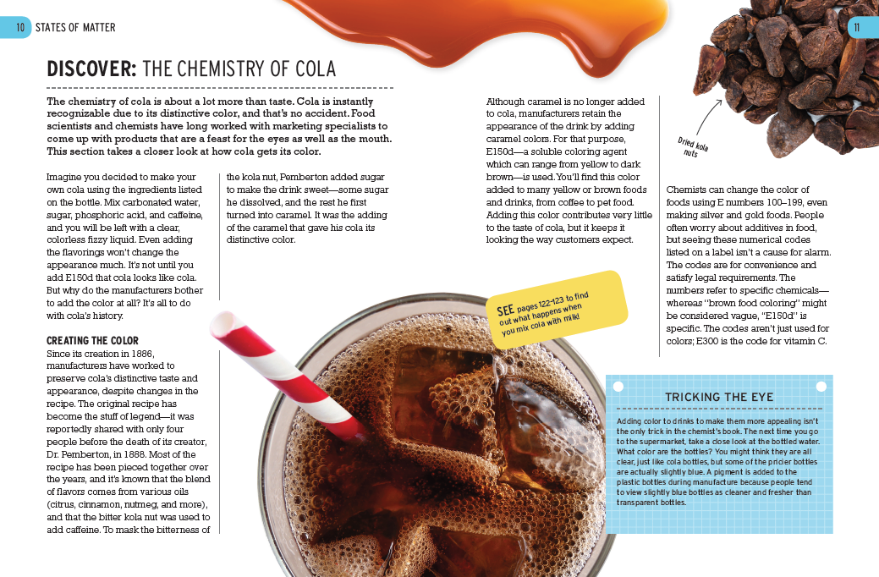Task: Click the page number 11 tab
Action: pyautogui.click(x=861, y=28)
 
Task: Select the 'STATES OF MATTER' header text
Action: pyautogui.click(x=75, y=28)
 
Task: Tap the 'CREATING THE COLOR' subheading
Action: pyautogui.click(x=92, y=340)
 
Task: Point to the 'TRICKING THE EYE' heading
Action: pyautogui.click(x=718, y=397)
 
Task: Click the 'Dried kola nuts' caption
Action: pyautogui.click(x=694, y=147)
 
